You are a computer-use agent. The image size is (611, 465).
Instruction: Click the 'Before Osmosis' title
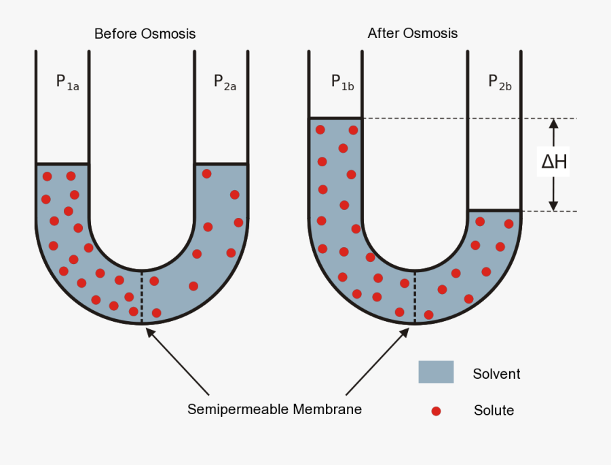click(x=145, y=33)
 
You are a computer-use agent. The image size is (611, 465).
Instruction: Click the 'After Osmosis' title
click(x=413, y=33)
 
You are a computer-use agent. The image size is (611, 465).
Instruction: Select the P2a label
click(x=225, y=82)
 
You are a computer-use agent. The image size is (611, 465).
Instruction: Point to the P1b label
click(x=342, y=82)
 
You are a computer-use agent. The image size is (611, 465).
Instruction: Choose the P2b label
click(x=500, y=82)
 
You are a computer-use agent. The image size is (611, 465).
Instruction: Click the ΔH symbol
click(x=554, y=163)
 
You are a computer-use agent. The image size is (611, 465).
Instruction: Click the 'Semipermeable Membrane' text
click(x=274, y=409)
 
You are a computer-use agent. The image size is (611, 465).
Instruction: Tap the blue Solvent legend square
click(x=436, y=372)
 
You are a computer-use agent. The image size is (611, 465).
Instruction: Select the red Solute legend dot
click(x=437, y=411)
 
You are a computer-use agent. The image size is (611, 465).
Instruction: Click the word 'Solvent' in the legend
click(x=496, y=374)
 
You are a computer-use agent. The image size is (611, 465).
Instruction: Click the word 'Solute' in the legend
click(x=494, y=411)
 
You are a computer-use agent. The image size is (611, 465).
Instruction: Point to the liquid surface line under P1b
click(x=335, y=118)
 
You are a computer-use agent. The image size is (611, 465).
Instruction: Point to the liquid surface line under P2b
click(x=494, y=210)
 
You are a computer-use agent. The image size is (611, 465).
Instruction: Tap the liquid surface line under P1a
click(x=62, y=164)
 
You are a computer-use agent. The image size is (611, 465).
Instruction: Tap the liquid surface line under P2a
click(x=221, y=164)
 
